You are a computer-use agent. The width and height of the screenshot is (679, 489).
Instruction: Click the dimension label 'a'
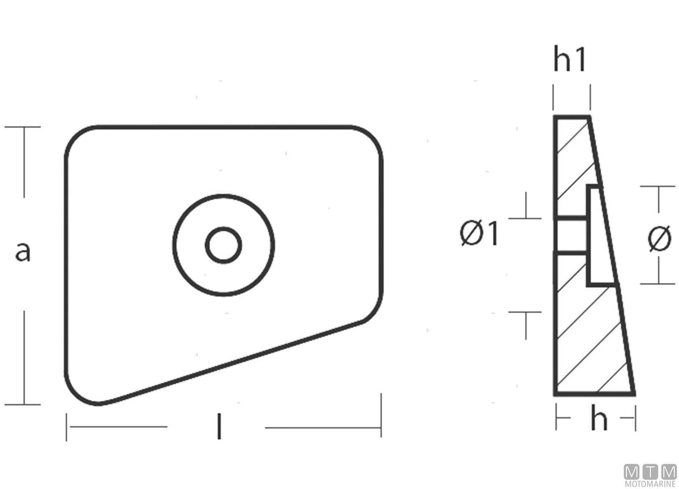click(x=23, y=252)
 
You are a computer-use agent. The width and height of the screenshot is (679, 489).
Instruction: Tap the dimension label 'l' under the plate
click(x=219, y=427)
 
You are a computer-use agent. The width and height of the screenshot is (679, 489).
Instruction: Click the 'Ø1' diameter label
click(x=479, y=233)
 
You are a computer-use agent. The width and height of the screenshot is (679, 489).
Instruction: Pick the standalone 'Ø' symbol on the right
click(x=659, y=239)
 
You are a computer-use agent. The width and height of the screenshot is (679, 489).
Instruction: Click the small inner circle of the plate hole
click(x=224, y=245)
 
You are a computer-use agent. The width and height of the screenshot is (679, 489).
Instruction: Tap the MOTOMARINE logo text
click(x=650, y=484)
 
